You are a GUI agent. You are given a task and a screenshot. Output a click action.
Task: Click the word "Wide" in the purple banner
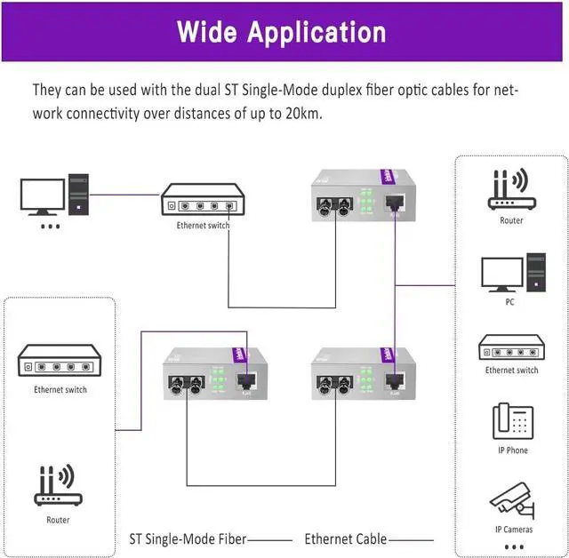[x=208, y=32]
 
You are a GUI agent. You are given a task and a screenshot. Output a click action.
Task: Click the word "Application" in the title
[x=317, y=34]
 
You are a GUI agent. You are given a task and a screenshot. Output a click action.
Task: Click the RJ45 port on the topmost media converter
[x=395, y=203]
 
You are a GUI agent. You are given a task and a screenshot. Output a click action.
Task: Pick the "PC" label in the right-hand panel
[x=510, y=302]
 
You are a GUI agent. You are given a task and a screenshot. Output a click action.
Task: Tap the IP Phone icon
[x=511, y=421]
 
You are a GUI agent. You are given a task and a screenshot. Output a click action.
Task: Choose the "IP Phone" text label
[x=512, y=450]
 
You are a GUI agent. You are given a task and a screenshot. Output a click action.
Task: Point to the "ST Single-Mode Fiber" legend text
[x=188, y=538]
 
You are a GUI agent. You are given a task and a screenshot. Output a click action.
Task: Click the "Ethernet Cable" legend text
[x=346, y=538]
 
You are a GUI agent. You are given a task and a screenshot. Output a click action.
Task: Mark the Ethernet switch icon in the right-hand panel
[x=511, y=347]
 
